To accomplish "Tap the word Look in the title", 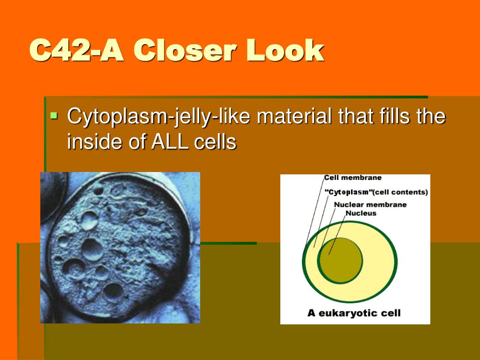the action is coord(285,50).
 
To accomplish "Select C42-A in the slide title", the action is coord(76,50).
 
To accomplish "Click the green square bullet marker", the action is coord(54,115).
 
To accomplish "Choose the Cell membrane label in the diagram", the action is coord(352,178).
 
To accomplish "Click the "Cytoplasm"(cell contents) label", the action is coord(376,192).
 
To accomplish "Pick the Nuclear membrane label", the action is coord(370,204).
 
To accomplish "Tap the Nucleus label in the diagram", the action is coord(360,213).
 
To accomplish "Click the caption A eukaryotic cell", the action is coord(354,313).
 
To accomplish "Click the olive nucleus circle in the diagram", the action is coord(340,260).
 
